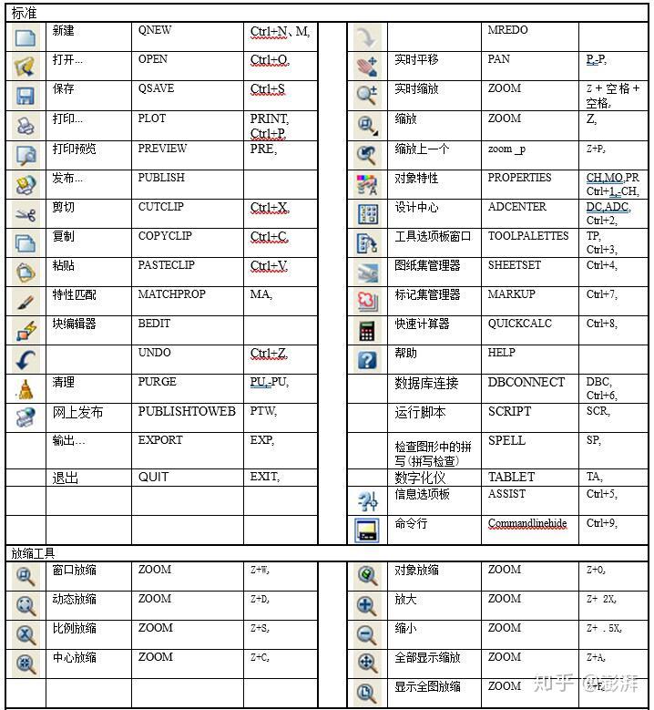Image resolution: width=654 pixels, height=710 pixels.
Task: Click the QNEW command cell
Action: [155, 30]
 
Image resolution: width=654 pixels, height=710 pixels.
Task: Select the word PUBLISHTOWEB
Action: [187, 411]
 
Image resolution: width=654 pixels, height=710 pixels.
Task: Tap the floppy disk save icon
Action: [25, 96]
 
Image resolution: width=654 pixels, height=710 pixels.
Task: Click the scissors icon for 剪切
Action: [25, 214]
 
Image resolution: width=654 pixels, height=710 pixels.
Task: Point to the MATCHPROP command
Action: [171, 294]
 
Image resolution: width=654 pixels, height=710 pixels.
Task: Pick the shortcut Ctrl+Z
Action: [269, 353]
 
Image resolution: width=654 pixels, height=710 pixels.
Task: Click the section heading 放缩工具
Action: [33, 552]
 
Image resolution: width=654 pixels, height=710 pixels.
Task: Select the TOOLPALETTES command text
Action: [527, 236]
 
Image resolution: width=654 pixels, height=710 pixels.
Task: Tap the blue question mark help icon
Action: [367, 360]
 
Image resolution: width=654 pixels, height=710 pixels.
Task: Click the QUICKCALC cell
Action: [519, 324]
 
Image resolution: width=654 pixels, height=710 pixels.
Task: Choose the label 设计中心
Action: [417, 207]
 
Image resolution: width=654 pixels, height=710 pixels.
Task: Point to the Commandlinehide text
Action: [526, 523]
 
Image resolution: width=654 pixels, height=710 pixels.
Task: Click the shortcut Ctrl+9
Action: [601, 523]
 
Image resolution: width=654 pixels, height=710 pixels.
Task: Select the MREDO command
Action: [507, 30]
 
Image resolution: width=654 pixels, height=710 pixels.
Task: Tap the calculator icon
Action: [367, 330]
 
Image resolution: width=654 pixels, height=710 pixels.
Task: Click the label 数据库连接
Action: [426, 383]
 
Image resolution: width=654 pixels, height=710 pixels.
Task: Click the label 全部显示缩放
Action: [427, 657]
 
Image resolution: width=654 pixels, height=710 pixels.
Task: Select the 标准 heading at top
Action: [25, 13]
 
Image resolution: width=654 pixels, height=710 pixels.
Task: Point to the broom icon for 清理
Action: [25, 389]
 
